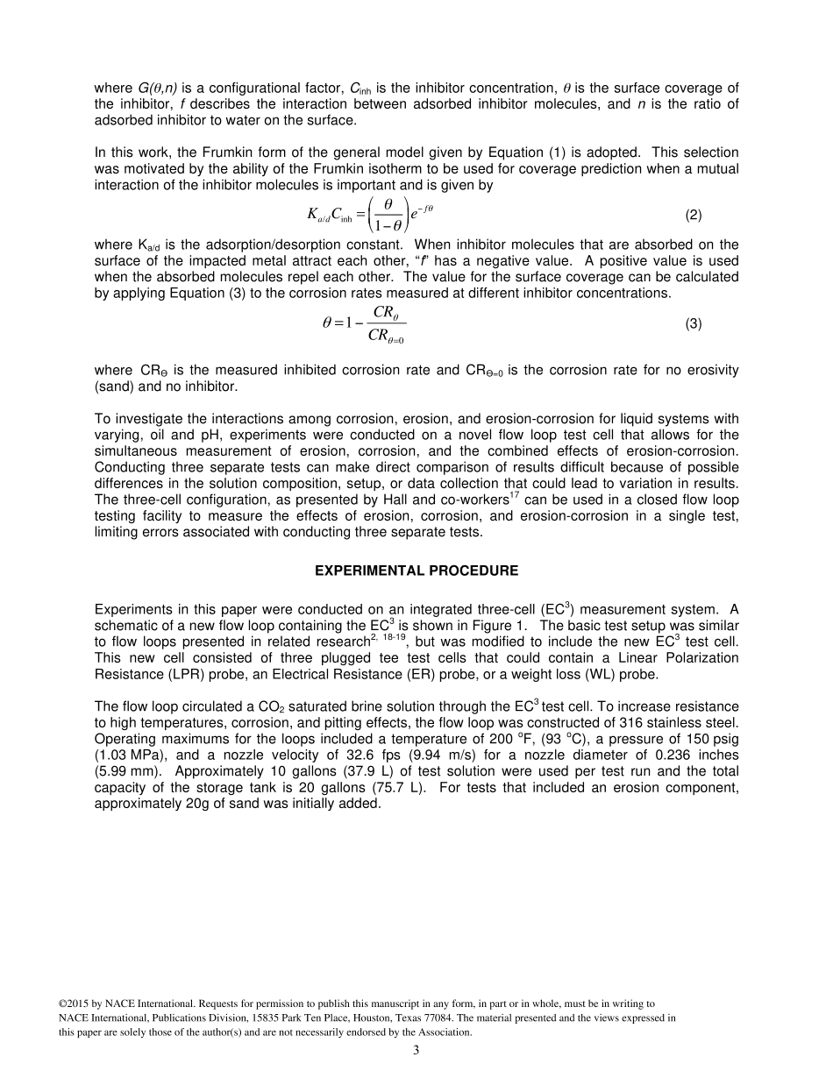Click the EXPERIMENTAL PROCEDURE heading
[x=416, y=571]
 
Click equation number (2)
[x=693, y=215]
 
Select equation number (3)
[x=693, y=323]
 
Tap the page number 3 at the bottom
[x=416, y=1051]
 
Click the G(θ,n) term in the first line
[x=158, y=88]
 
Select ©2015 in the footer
[x=74, y=1003]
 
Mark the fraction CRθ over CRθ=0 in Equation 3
[x=382, y=323]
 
